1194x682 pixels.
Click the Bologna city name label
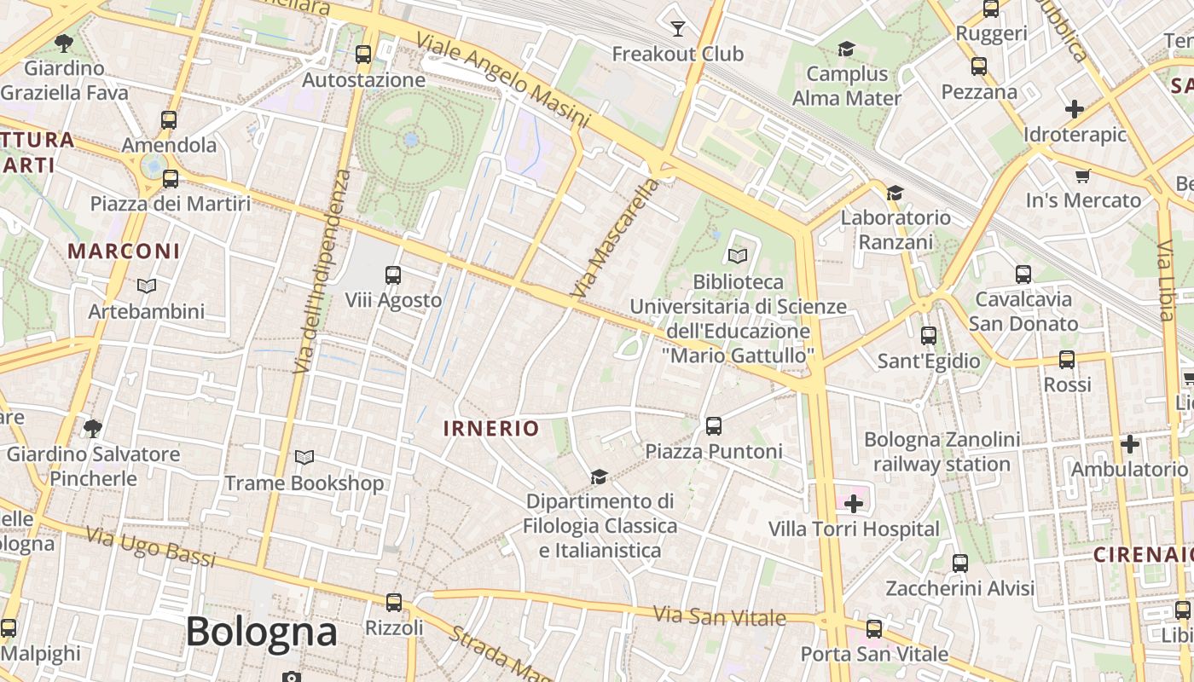point(261,632)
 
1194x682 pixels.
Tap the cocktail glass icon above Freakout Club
point(678,29)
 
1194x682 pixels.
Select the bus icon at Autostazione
point(363,55)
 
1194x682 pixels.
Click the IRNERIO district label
point(491,428)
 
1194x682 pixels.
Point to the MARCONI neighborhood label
point(124,251)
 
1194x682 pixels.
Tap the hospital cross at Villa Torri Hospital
point(853,504)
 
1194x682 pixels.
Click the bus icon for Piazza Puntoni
point(714,425)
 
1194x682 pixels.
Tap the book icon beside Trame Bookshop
point(304,458)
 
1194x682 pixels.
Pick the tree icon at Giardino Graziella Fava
point(64,42)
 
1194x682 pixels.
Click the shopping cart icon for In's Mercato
point(1083,176)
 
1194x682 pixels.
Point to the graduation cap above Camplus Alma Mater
point(846,49)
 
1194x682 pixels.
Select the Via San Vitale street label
point(719,616)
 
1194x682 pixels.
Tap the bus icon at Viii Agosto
point(393,275)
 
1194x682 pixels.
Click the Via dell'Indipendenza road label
point(322,271)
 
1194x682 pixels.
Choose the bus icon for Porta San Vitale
point(874,629)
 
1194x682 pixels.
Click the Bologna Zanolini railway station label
point(942,452)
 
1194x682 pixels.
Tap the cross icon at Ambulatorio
point(1130,444)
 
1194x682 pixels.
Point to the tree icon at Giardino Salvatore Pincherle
point(93,428)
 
